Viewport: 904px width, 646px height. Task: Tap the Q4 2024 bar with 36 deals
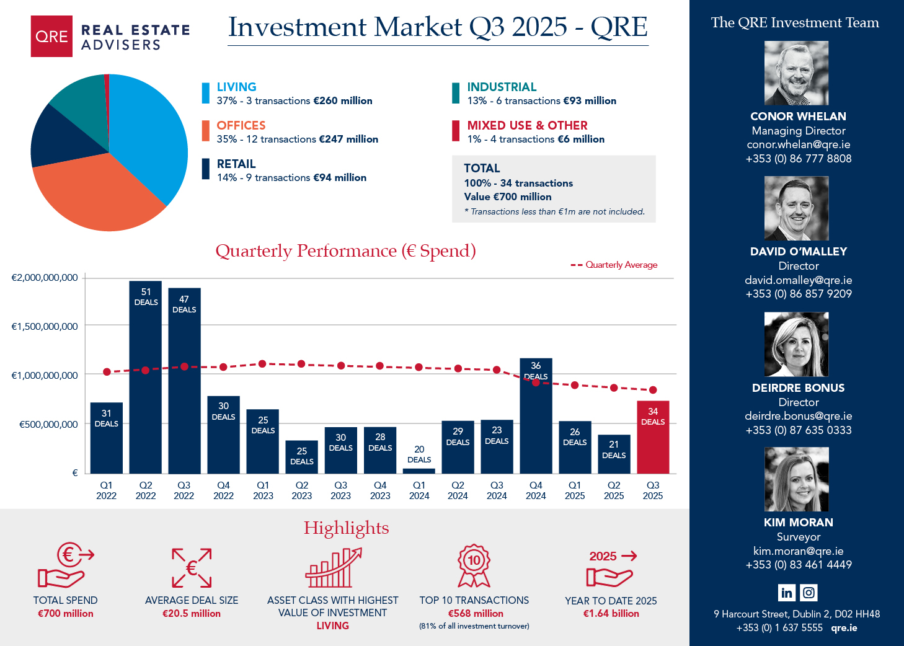click(536, 422)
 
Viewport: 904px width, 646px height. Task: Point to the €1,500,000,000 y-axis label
click(45, 326)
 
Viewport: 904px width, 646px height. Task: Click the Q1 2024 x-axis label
click(419, 490)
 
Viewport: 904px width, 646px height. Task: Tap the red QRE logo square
click(51, 37)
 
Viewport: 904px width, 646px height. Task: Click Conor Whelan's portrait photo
click(796, 73)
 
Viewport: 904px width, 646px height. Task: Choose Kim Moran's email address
click(798, 551)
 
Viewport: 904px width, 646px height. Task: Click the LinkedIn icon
click(786, 593)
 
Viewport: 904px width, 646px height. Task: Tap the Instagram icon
click(809, 593)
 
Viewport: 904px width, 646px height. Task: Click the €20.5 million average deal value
click(192, 613)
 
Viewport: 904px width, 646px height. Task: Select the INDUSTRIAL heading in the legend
click(502, 87)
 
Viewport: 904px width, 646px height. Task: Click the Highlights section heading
click(346, 528)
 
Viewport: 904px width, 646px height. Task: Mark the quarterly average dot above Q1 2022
click(107, 372)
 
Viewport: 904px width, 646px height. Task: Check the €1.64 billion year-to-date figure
click(611, 613)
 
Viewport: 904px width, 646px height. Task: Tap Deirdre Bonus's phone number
click(798, 430)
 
